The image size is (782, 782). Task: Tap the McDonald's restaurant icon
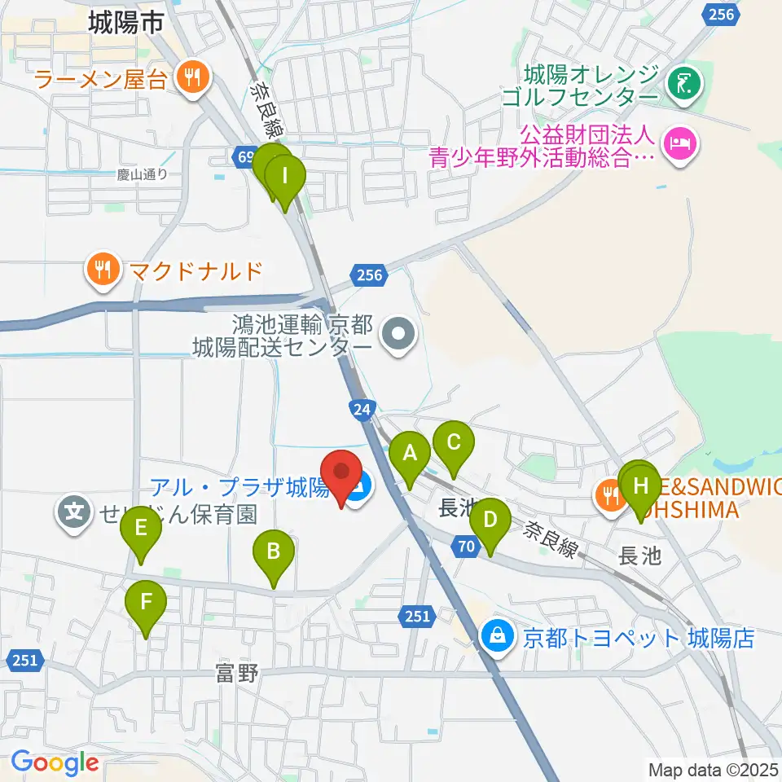point(103,269)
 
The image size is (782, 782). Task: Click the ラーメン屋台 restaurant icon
point(192,79)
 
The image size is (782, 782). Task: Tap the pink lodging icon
point(679,146)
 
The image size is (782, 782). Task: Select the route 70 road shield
point(463,549)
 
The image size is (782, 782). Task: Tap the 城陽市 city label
point(126,24)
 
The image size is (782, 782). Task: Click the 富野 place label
point(238,674)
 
